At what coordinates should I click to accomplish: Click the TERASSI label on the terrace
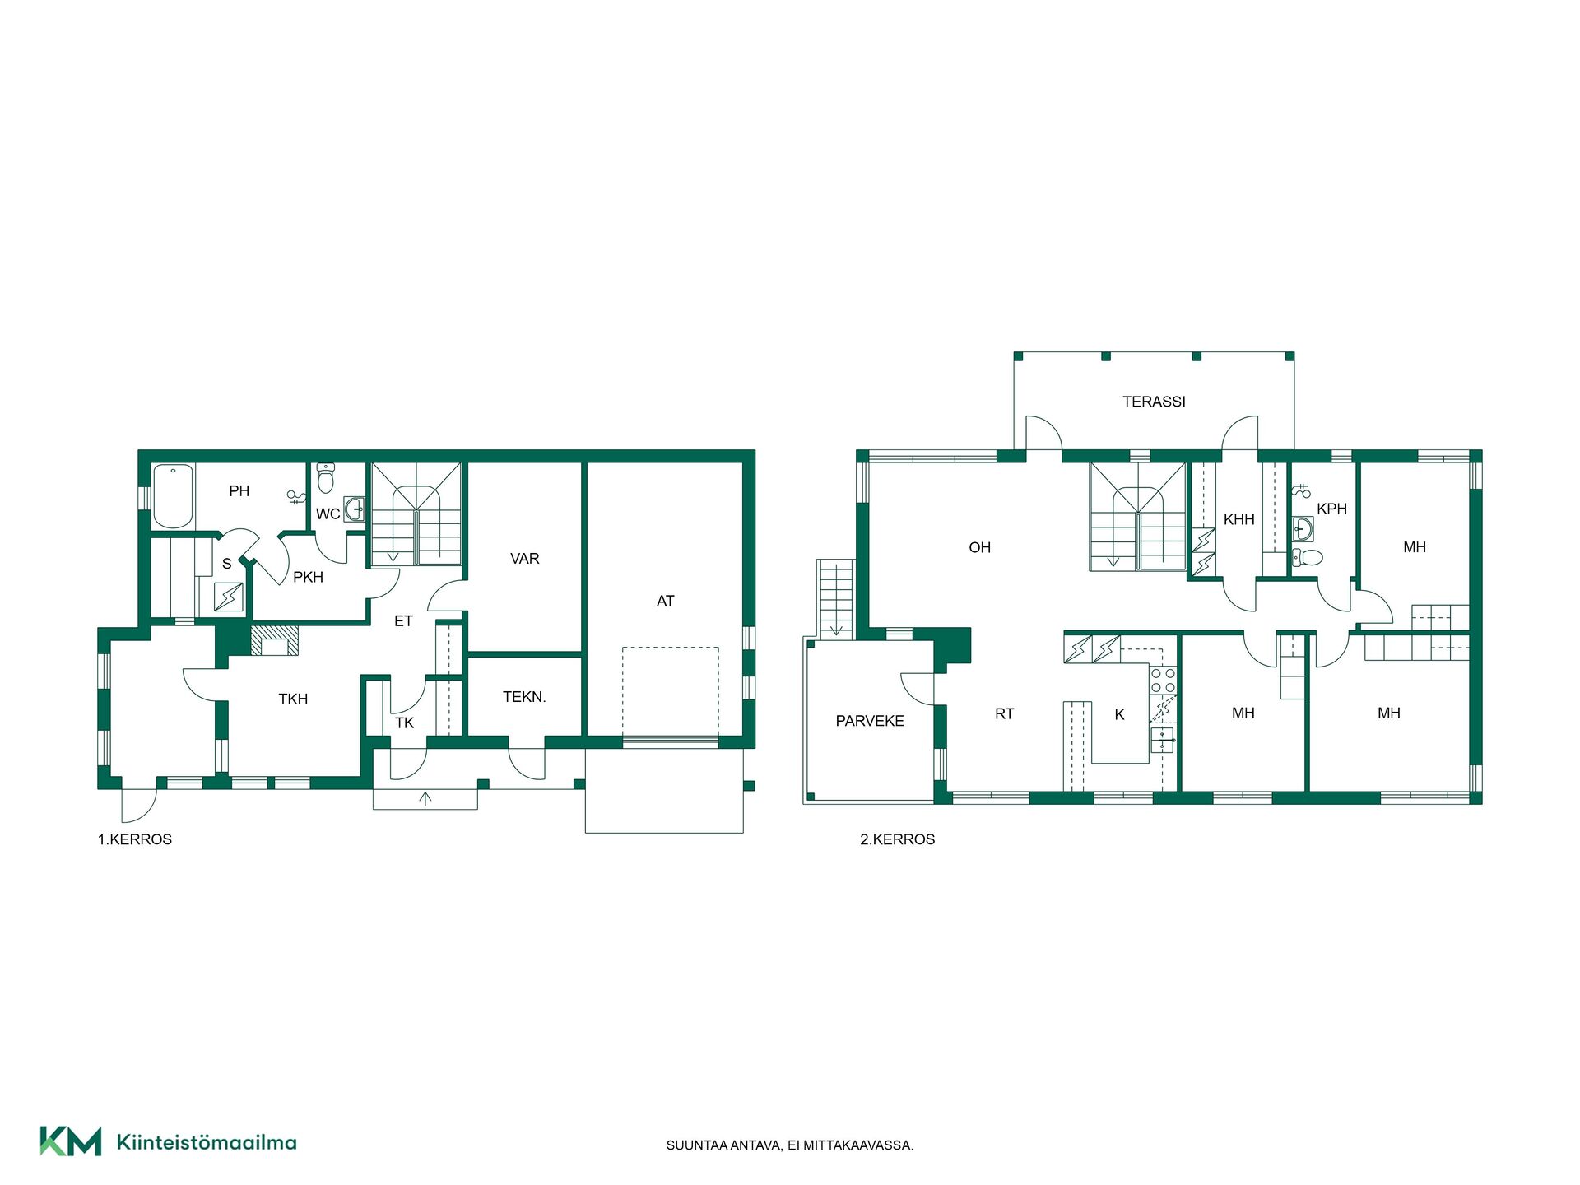click(1154, 402)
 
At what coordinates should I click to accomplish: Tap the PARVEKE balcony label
click(870, 721)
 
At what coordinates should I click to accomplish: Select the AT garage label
click(666, 601)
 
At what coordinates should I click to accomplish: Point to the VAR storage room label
click(525, 559)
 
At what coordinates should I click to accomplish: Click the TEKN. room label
click(524, 697)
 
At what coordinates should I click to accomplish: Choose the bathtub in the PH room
click(173, 496)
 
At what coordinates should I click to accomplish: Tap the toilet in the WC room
click(326, 476)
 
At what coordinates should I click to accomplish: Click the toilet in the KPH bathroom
click(1307, 557)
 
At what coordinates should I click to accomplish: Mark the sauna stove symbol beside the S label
click(229, 597)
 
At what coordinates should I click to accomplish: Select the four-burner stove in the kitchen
click(1163, 681)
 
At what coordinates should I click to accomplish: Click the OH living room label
click(979, 548)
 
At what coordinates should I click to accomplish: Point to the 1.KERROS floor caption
click(135, 839)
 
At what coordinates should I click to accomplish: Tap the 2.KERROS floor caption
click(898, 839)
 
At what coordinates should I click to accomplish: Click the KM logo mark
click(71, 1141)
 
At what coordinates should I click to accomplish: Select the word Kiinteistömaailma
click(207, 1142)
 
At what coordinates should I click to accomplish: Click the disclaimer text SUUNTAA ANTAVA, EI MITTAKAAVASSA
click(790, 1145)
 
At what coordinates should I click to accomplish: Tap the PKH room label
click(308, 578)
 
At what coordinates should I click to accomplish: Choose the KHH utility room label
click(1238, 519)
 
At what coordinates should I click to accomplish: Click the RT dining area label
click(1004, 714)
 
